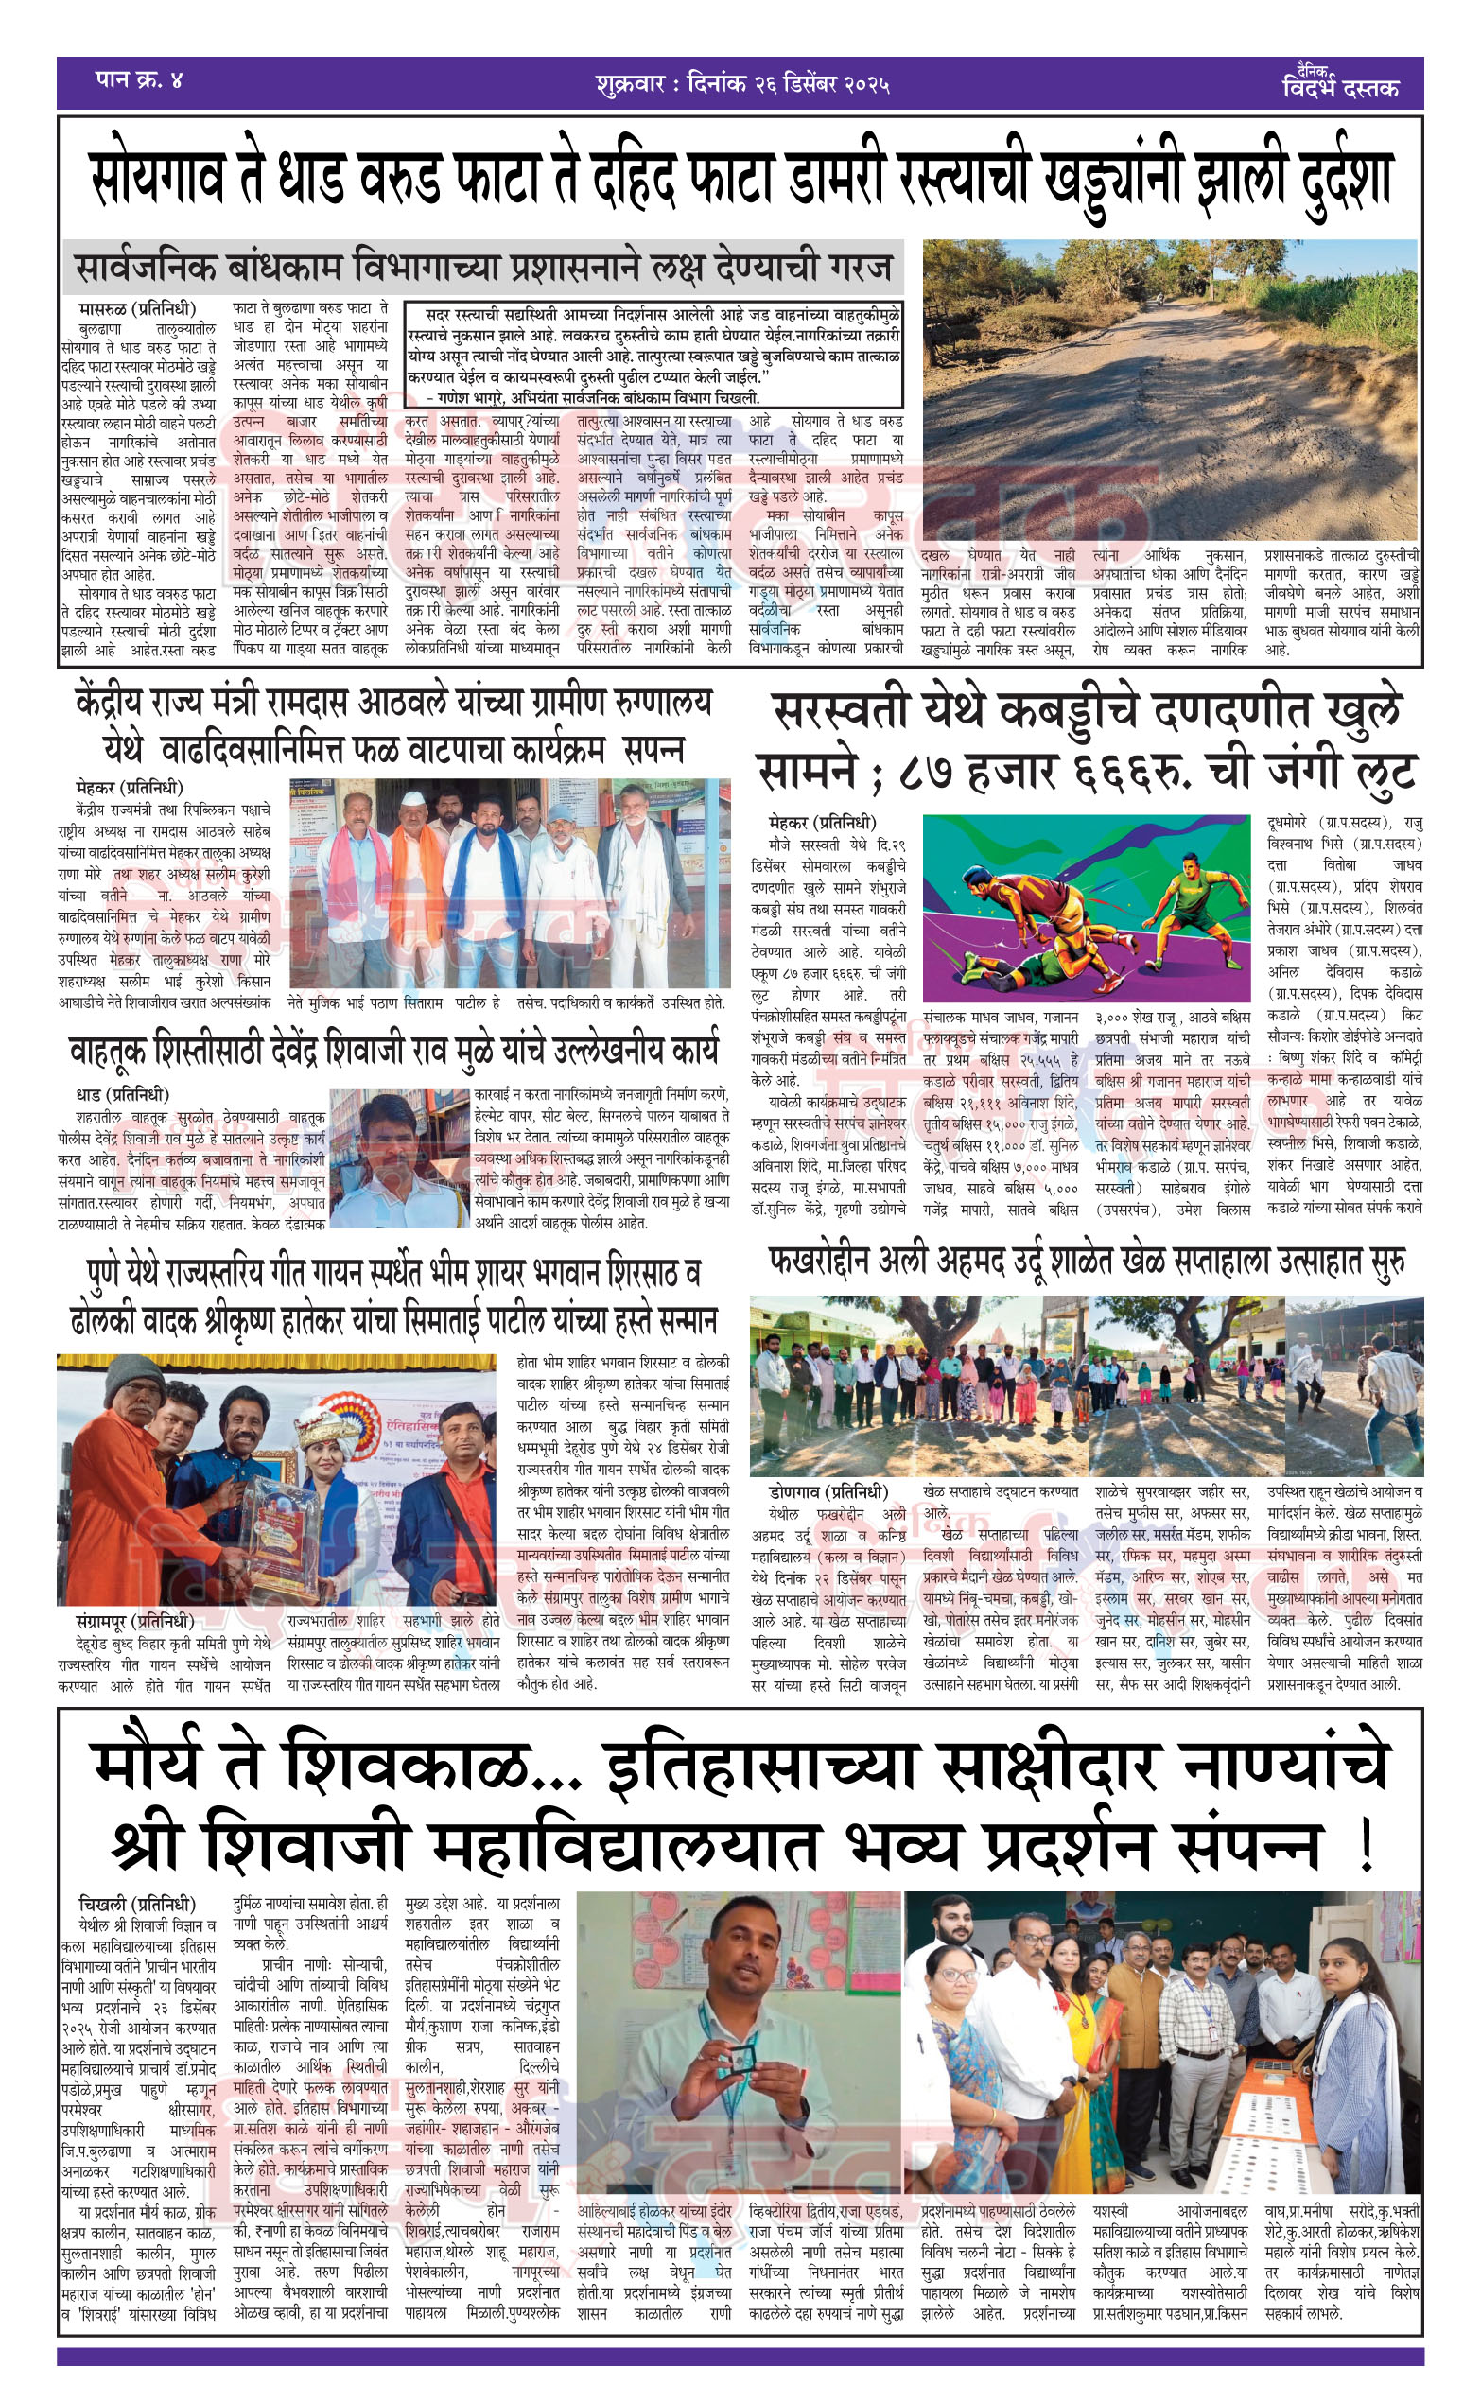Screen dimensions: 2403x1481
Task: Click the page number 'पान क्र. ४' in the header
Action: pyautogui.click(x=139, y=80)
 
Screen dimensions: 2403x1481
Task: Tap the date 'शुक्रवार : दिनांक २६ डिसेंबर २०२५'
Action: pyautogui.click(x=741, y=83)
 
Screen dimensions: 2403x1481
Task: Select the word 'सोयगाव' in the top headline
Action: pyautogui.click(x=157, y=179)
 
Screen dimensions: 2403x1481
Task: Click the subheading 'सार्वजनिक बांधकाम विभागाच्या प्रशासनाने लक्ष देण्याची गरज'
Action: pyautogui.click(x=484, y=268)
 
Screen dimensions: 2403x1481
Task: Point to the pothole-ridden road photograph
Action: pyautogui.click(x=1170, y=389)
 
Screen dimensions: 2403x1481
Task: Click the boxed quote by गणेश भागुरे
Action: pyautogui.click(x=654, y=355)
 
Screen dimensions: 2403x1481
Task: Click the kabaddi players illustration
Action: pyautogui.click(x=1087, y=907)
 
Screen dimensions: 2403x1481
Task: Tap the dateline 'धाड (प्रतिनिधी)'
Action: pyautogui.click(x=122, y=1094)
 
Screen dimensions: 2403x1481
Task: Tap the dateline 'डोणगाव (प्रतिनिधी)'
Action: pyautogui.click(x=828, y=1492)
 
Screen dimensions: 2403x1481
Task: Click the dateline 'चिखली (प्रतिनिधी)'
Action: pyautogui.click(x=137, y=1905)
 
